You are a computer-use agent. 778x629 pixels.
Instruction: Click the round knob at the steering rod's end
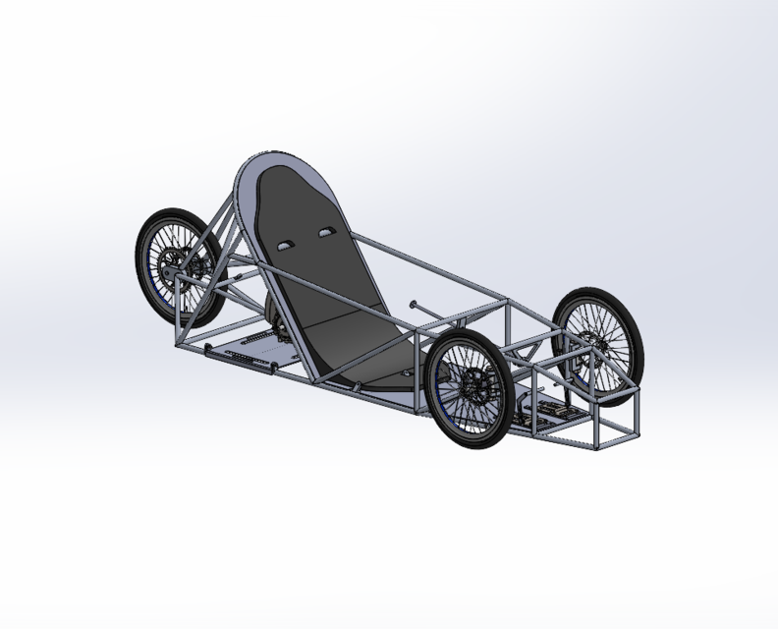415,304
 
